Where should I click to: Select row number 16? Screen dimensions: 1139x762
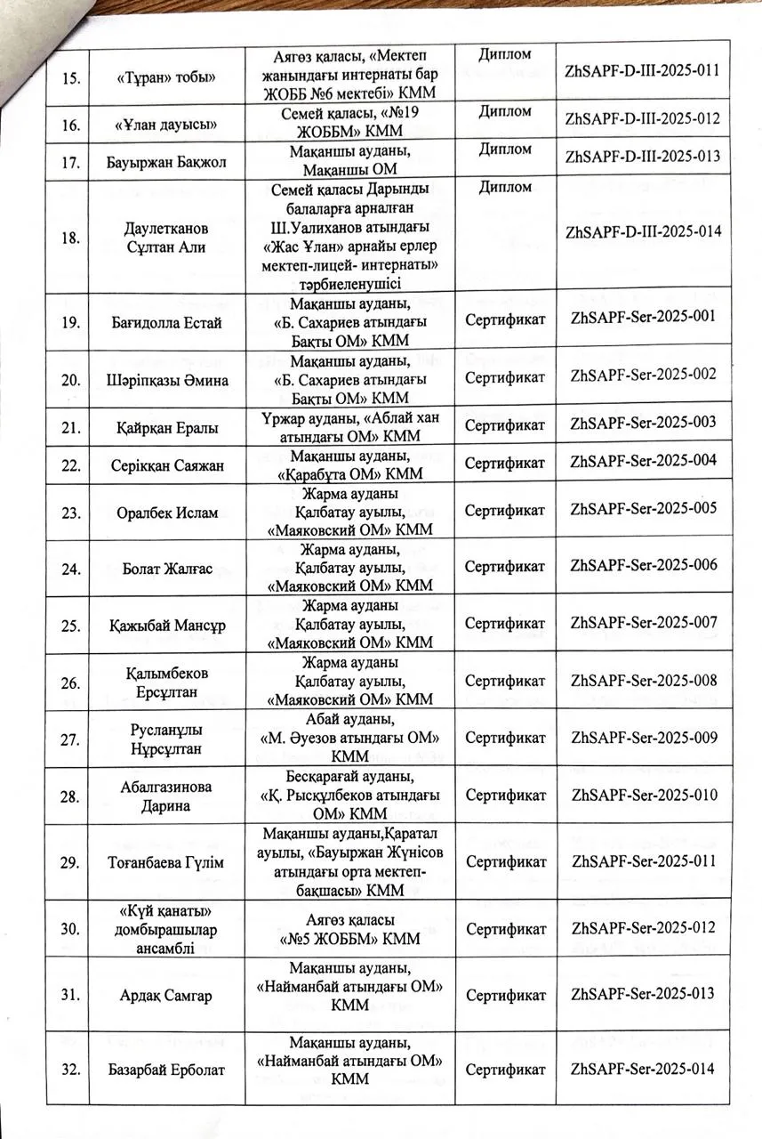[x=74, y=119]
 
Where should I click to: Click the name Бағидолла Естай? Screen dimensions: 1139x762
[x=165, y=321]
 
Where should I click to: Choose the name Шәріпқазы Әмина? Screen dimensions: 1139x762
[x=165, y=379]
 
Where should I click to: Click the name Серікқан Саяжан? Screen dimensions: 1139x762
[x=165, y=465]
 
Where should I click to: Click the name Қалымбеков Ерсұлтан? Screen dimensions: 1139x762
[x=165, y=682]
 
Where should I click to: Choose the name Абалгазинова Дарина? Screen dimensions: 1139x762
[x=165, y=796]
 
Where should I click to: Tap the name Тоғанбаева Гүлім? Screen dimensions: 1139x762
[x=165, y=861]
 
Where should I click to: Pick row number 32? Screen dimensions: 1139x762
[x=74, y=1068]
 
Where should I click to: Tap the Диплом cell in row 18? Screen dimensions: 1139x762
[x=505, y=187]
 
